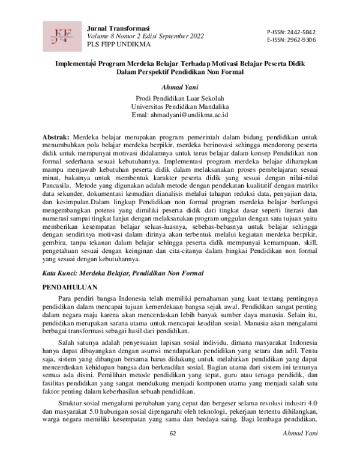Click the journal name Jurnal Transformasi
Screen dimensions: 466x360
pos(118,28)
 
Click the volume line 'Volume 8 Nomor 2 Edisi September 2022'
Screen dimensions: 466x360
pos(146,37)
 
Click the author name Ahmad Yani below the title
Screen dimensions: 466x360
pos(180,87)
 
